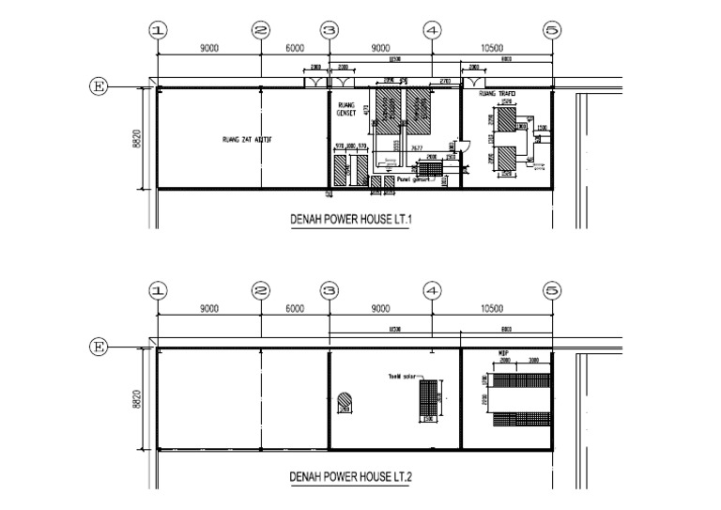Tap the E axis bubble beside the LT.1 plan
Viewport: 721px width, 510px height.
tap(97, 87)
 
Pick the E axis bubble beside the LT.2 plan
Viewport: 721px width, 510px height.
tap(97, 348)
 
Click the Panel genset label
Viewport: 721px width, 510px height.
tap(413, 178)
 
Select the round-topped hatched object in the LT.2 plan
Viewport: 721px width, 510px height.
tap(345, 400)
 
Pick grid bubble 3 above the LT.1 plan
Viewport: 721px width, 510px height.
tap(329, 30)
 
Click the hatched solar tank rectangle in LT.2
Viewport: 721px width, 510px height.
tap(429, 399)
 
